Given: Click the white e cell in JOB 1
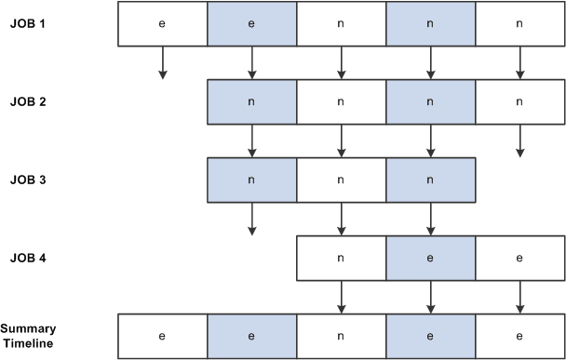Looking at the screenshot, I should coord(162,23).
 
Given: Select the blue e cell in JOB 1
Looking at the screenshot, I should coord(251,23).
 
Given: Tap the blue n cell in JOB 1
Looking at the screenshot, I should coord(430,23).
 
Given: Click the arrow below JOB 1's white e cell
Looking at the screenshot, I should coord(162,62).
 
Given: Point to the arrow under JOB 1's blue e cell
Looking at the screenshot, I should coord(251,62).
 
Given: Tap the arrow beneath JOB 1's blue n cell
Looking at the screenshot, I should coord(430,62).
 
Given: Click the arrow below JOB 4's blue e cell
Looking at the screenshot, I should coord(430,297).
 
